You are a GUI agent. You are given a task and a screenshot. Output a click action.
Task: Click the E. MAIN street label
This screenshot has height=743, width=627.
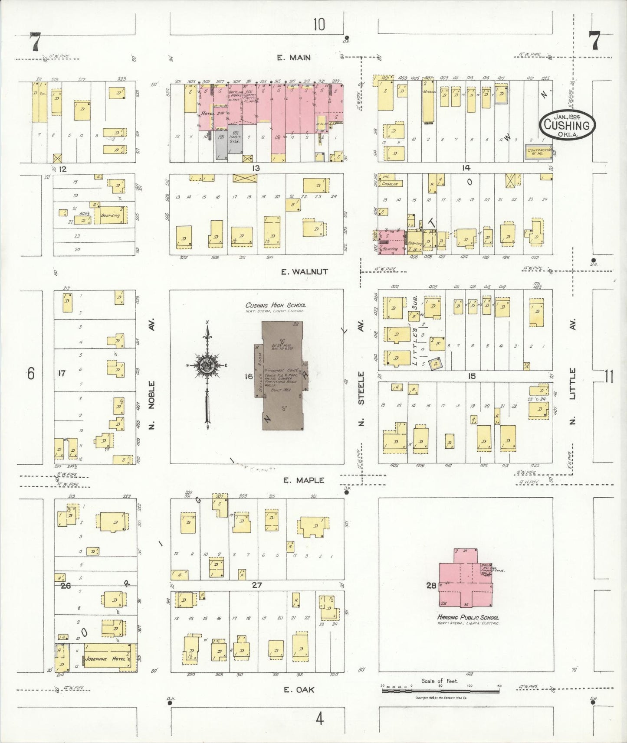[294, 57]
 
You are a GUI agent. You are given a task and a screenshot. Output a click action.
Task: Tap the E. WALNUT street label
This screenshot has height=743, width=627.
[304, 272]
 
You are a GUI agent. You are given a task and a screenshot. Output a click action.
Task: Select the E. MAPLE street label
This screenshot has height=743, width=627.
[303, 480]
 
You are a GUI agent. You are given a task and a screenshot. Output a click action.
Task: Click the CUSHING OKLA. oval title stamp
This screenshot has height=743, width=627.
[567, 125]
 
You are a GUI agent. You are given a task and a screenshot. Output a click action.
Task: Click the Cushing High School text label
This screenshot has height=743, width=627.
[276, 305]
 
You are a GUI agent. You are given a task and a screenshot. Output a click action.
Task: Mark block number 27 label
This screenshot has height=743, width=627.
[257, 585]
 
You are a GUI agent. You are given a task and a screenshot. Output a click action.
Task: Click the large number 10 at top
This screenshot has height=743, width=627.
[319, 25]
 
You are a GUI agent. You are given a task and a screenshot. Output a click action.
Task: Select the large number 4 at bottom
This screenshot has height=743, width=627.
[320, 719]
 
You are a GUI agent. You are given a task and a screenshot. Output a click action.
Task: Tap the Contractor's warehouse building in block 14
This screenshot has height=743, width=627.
[538, 152]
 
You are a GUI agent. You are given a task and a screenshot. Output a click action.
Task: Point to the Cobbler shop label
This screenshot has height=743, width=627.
[390, 183]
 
